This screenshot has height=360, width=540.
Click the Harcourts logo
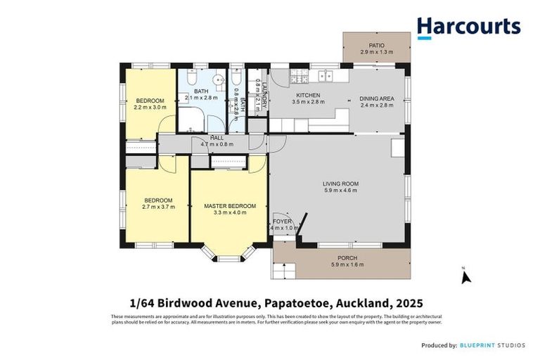(468, 27)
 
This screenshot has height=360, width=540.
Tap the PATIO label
(376, 46)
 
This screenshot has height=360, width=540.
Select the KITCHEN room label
(307, 95)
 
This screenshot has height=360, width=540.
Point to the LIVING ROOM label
(340, 184)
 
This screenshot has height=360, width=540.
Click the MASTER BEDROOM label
(230, 206)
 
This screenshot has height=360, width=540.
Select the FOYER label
(282, 221)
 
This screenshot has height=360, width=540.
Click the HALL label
(216, 138)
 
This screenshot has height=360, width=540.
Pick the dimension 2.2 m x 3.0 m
(150, 108)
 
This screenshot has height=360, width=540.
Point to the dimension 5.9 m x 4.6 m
(340, 191)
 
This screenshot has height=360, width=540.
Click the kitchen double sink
(325, 74)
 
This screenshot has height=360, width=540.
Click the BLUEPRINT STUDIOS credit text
(496, 345)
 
